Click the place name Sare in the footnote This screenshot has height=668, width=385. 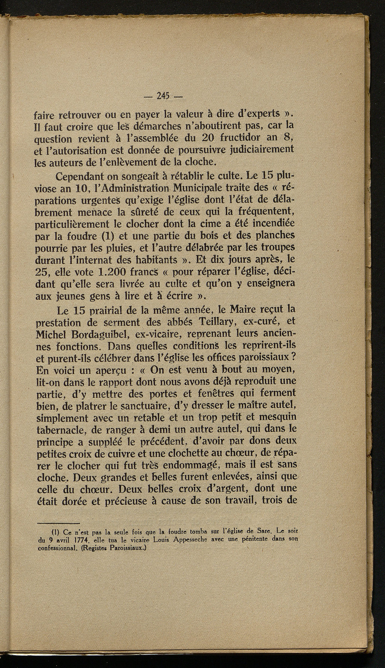point(261,532)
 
